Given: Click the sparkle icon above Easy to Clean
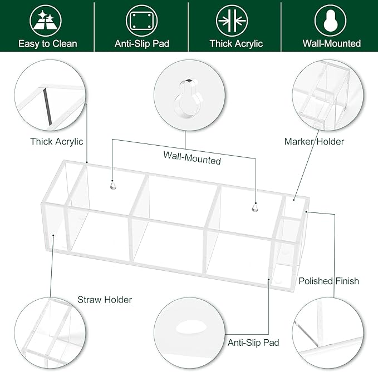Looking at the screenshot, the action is [x=46, y=21].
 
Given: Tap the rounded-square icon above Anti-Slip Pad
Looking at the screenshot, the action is [x=142, y=21].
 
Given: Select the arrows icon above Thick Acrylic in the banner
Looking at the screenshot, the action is [x=232, y=21].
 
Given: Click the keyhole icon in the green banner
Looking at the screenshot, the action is [x=330, y=21].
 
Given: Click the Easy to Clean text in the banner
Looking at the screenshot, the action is [x=48, y=44].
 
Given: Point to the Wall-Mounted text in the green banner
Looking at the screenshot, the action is [x=332, y=43].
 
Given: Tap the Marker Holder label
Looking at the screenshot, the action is [x=314, y=142].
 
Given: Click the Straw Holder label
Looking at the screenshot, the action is [x=105, y=300].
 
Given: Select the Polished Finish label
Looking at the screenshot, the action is [x=329, y=281].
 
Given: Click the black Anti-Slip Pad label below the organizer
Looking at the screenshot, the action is [x=253, y=343].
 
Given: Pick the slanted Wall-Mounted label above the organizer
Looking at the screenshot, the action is [x=192, y=158].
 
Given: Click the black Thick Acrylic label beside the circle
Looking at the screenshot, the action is [x=57, y=142].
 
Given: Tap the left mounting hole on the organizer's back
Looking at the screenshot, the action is [x=113, y=186].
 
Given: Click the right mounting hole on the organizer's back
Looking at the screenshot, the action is [x=255, y=207].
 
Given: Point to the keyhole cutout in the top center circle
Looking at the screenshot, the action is [x=188, y=99].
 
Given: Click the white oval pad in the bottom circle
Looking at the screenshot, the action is [x=191, y=327].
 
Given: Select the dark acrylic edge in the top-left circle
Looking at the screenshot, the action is [x=47, y=107].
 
